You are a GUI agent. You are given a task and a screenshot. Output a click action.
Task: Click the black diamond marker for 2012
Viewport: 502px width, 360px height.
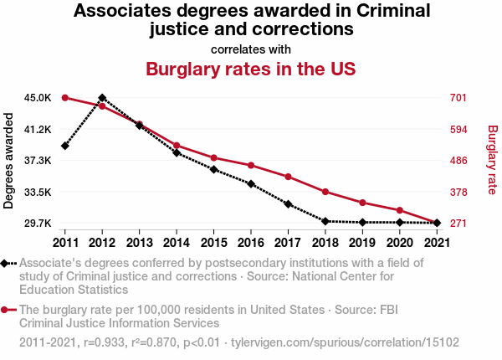coord(102,98)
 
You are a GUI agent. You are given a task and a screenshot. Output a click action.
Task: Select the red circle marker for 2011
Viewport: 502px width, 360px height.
coord(64,98)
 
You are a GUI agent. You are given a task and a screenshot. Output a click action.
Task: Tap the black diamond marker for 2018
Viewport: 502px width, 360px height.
coord(325,221)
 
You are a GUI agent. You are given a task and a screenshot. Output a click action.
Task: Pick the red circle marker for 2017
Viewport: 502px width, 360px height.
coord(288,177)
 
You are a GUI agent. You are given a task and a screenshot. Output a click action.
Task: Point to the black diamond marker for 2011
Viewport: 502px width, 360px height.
coord(64,146)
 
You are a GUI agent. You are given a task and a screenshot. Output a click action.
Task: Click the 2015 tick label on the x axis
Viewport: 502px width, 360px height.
coord(213,243)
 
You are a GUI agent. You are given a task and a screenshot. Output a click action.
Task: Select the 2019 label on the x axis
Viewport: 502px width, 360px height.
coord(362,243)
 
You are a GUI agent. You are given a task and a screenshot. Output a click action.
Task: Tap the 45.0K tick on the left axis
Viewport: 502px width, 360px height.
coord(38,98)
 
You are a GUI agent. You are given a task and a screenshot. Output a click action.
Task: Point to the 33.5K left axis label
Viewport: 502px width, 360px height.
coord(38,192)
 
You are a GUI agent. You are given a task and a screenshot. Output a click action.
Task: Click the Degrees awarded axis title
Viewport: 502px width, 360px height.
coord(9,161)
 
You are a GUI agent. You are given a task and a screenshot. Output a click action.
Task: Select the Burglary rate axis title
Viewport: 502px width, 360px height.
coord(492,161)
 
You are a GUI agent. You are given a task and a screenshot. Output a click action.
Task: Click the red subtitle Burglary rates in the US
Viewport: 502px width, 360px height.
coord(251,69)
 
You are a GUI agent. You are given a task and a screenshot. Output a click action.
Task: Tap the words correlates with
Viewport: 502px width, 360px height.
coord(251,49)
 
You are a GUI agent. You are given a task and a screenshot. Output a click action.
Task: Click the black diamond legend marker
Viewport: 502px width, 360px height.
coord(7,263)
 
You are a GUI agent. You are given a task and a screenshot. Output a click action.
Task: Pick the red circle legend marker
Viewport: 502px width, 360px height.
coord(7,310)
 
